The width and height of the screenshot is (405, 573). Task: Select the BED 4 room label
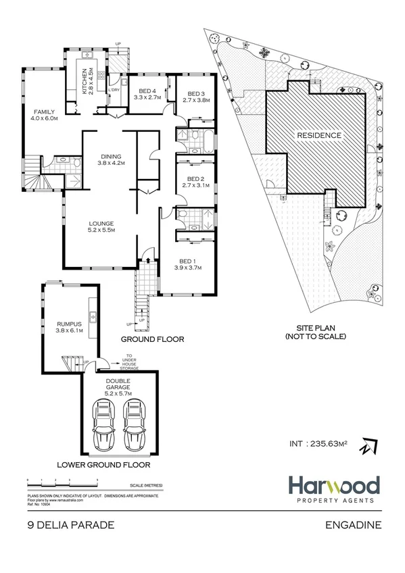click(x=148, y=95)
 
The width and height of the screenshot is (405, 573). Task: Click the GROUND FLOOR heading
click(x=152, y=339)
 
